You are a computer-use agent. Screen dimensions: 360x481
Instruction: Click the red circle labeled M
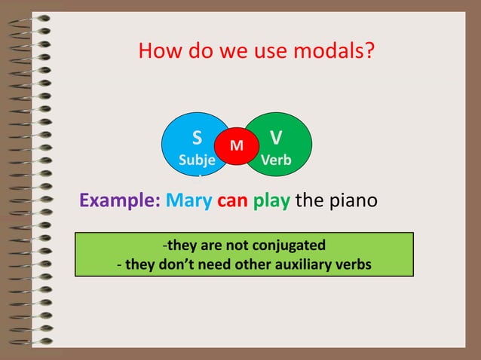(236, 144)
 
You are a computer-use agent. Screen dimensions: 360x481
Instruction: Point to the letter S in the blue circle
(196, 138)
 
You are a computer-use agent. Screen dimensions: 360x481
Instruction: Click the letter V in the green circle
(276, 137)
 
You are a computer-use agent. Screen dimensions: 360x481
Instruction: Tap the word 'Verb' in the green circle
(276, 160)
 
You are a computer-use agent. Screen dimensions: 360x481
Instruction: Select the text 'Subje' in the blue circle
(196, 161)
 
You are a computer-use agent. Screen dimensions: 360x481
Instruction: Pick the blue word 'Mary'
(188, 202)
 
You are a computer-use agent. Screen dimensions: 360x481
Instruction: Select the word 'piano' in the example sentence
(352, 202)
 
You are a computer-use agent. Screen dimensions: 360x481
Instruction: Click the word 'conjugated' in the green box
(290, 246)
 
